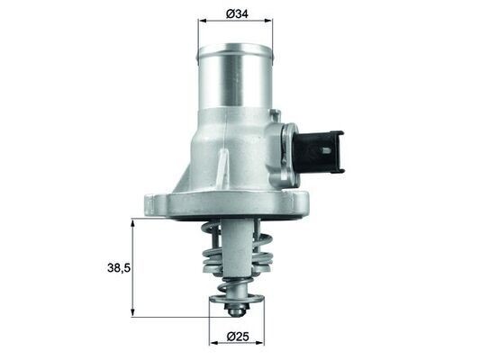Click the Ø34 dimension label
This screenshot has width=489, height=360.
[236, 14]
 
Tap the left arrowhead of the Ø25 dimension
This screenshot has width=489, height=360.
[213, 343]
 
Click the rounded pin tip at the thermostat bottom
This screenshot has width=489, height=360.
[237, 310]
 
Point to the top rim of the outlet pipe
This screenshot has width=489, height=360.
[236, 47]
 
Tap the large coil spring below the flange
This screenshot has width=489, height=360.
[216, 256]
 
